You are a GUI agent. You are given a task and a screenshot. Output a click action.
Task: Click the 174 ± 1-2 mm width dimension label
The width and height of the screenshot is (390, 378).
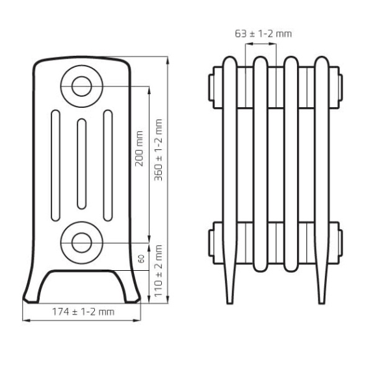tap(83, 312)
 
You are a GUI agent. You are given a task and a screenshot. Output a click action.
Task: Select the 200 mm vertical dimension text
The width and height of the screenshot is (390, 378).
tap(138, 149)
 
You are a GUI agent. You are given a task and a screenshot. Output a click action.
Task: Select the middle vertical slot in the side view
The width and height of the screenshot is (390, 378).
tap(82, 164)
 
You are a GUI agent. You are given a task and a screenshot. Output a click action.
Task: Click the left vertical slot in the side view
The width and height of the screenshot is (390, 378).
tap(56, 164)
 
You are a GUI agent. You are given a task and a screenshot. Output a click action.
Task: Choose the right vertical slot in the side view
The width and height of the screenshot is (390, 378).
tap(108, 164)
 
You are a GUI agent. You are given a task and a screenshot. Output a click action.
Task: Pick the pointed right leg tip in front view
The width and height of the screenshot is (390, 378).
tap(320, 299)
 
